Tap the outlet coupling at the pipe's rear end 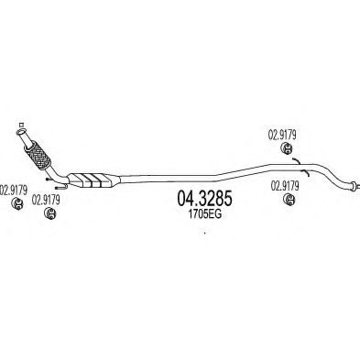tap(352, 189)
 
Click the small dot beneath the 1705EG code tap(203, 232)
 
